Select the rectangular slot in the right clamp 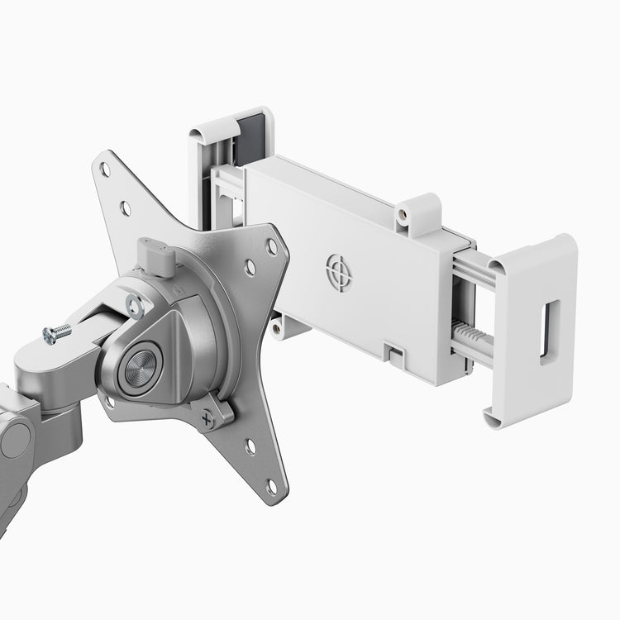coord(550,332)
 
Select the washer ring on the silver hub coord(135,307)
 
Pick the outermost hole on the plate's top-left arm coord(105,169)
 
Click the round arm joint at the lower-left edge coord(15,438)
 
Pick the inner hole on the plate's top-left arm coord(125,207)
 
